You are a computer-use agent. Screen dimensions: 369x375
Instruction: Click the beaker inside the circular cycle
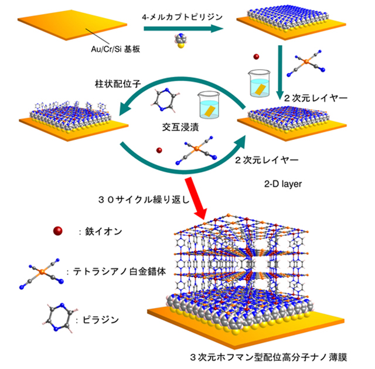209,105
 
